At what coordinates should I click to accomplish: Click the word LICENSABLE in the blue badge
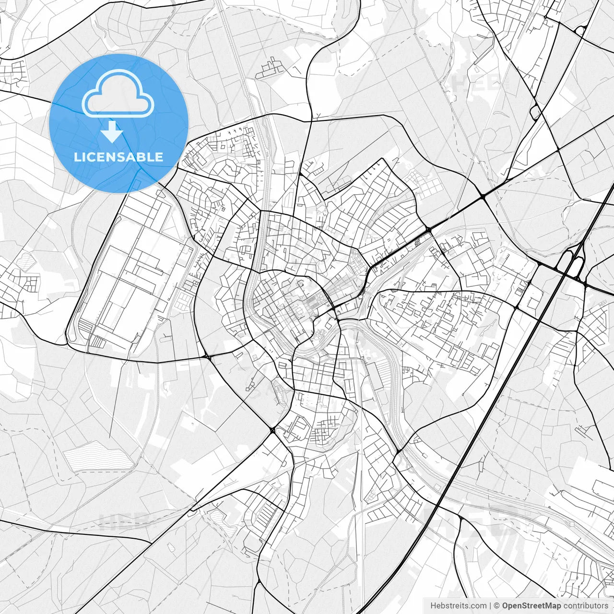118,157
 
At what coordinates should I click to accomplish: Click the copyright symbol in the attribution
497,606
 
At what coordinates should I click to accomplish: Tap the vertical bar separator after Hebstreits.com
490,606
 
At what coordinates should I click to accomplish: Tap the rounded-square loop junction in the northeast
535,112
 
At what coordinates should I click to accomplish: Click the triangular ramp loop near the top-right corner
580,30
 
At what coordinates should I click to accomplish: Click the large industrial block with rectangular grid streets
130,278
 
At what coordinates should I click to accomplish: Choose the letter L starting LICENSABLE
77,157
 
